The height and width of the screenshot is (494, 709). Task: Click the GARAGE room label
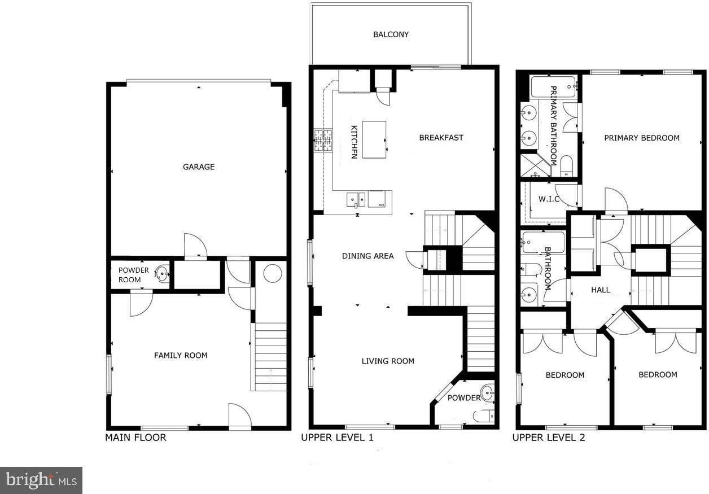point(199,167)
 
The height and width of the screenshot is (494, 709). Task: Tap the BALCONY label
point(391,34)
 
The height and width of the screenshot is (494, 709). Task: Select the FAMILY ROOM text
point(181,355)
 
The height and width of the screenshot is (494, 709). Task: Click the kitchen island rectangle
point(374,139)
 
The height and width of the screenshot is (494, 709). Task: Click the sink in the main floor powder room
point(163,275)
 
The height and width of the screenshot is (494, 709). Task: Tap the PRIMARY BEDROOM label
point(642,138)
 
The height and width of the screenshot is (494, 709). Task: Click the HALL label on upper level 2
point(601,290)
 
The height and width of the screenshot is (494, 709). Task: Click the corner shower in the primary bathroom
point(532,165)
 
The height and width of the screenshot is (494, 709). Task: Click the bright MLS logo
point(41,480)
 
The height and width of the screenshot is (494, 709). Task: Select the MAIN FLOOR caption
point(135,438)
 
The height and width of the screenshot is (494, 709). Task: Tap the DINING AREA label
point(367,256)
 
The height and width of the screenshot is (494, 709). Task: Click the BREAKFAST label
point(441,138)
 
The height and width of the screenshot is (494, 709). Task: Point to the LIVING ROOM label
point(388,361)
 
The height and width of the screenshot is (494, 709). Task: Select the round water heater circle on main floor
point(272,273)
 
